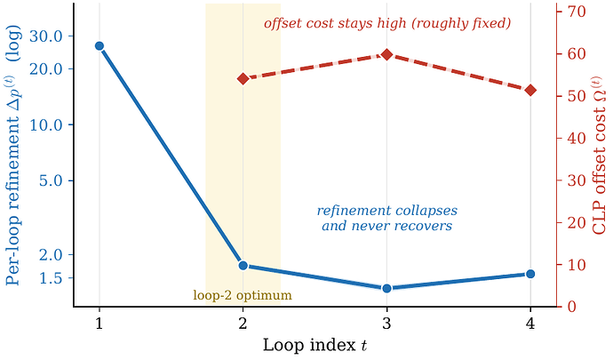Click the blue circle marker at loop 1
[100, 46]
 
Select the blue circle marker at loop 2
[243, 266]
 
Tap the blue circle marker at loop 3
[386, 288]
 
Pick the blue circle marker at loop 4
[530, 274]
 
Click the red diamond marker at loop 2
[243, 79]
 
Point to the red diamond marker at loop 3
[386, 55]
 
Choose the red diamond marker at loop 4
[530, 91]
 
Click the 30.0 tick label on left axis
[45, 36]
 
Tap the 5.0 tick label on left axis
[51, 180]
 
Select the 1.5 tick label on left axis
[51, 278]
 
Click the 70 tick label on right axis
[577, 12]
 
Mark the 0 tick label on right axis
[571, 307]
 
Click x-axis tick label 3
[386, 324]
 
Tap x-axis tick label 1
[100, 324]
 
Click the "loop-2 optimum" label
[243, 294]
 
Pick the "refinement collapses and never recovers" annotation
[387, 218]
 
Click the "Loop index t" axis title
[315, 345]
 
